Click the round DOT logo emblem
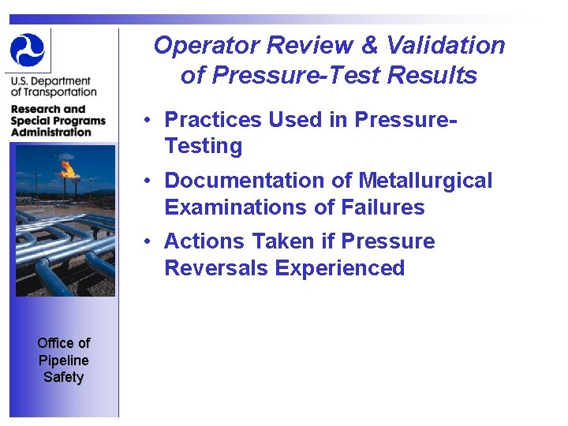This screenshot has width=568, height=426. [x=28, y=49]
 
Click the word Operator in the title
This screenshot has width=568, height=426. [x=207, y=45]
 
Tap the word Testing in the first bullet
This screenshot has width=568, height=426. [x=203, y=146]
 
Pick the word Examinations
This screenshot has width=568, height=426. [x=229, y=207]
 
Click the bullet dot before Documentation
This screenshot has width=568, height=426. [x=148, y=181]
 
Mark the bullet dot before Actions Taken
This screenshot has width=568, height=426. [x=148, y=242]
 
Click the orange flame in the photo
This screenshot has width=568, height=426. [x=68, y=168]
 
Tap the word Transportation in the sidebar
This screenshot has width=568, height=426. [x=54, y=92]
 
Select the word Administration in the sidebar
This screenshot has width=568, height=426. [x=51, y=133]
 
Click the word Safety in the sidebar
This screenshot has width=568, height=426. [x=63, y=377]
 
